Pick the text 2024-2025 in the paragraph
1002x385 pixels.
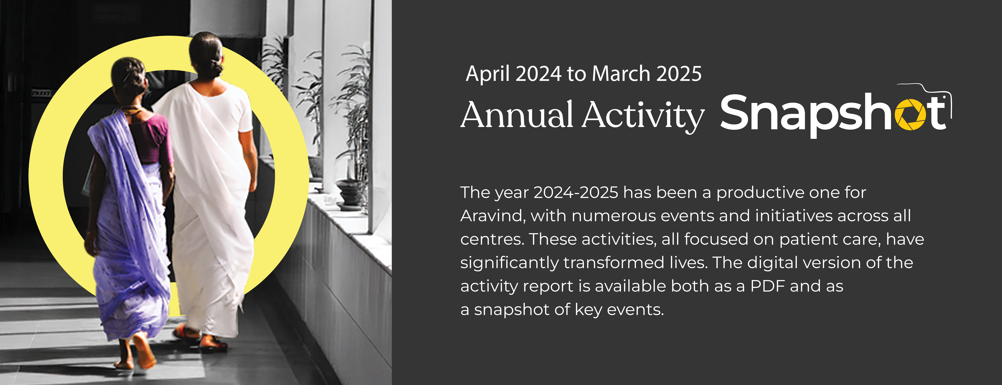[x=576, y=192]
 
